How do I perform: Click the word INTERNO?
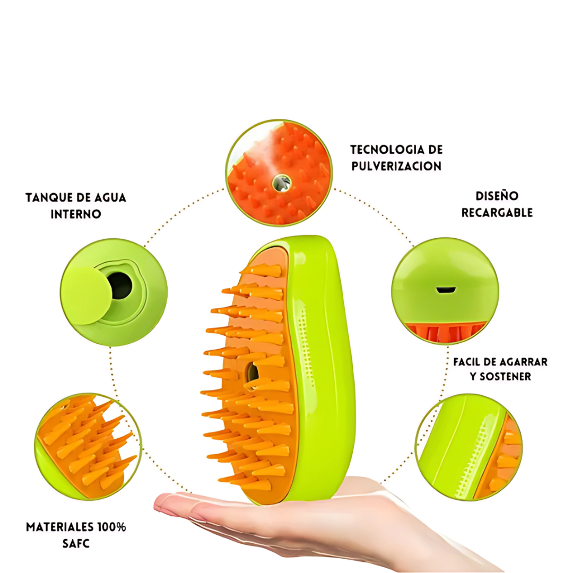[76, 214]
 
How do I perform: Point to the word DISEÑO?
[497, 196]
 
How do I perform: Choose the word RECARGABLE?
[497, 213]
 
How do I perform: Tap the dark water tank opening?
[121, 285]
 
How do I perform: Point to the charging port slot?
[446, 290]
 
